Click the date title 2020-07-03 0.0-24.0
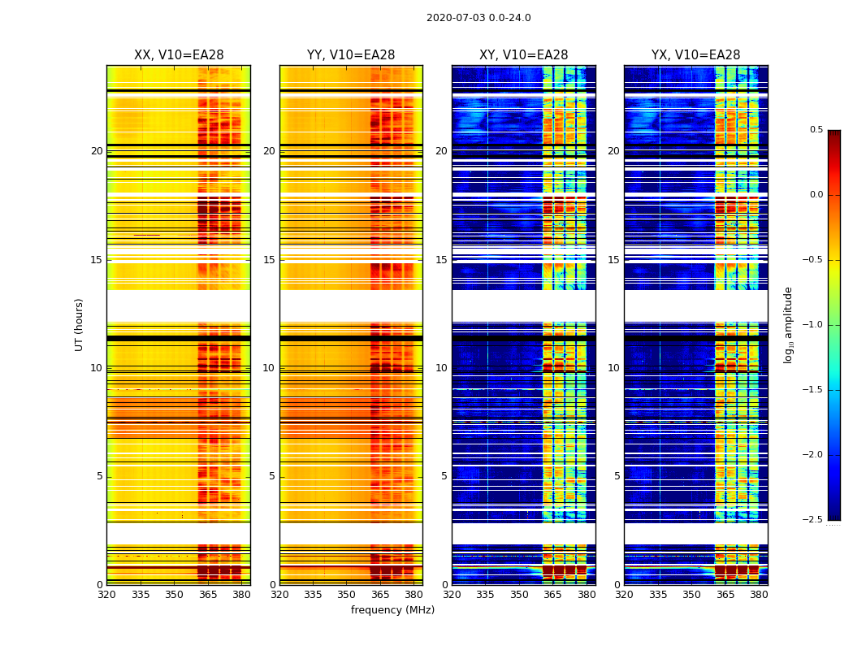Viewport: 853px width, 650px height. (478, 18)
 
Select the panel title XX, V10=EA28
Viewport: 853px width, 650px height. (179, 55)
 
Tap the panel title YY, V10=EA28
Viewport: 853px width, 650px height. (351, 55)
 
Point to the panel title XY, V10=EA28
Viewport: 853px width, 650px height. (523, 55)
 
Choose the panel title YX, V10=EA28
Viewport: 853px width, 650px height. (695, 55)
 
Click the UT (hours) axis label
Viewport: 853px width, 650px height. (79, 324)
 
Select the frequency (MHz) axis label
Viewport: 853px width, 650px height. (392, 610)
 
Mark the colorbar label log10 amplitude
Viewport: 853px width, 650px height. (788, 324)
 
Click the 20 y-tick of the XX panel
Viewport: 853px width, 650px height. (97, 151)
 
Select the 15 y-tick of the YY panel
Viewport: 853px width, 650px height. (269, 260)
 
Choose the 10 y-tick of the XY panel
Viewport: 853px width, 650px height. (441, 368)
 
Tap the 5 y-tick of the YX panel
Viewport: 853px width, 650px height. (617, 476)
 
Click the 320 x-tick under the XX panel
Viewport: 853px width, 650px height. (106, 595)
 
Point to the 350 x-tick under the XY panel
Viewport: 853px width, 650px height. (519, 595)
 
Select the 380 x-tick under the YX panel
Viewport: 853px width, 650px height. (759, 595)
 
